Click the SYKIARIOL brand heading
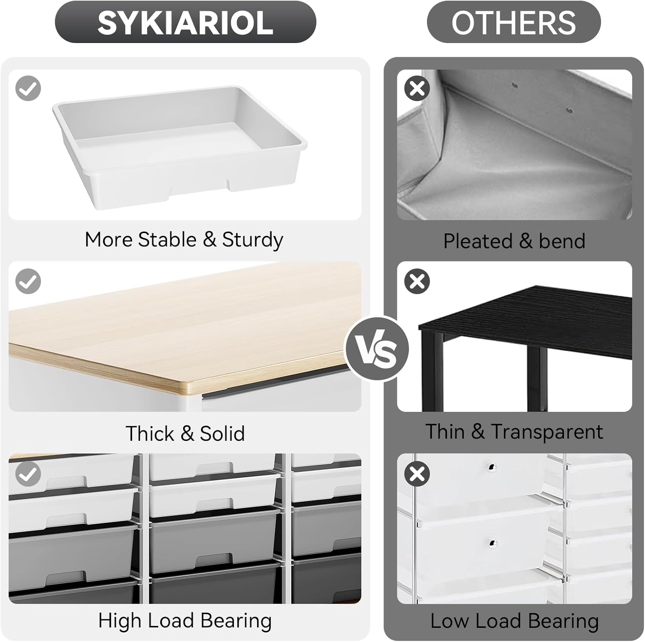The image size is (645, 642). [x=185, y=22]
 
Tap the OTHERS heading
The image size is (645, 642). [x=513, y=22]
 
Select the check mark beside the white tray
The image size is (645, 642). [x=28, y=89]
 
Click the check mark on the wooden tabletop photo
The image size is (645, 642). [x=28, y=281]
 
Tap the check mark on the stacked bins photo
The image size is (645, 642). [x=28, y=474]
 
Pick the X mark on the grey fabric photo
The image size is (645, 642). [x=417, y=89]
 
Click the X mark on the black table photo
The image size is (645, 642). [x=417, y=281]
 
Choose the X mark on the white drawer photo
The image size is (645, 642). [x=417, y=474]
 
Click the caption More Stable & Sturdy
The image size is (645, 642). [x=184, y=240]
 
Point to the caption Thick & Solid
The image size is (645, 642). [x=185, y=433]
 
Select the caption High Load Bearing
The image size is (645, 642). [x=185, y=621]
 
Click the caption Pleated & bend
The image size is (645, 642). [x=514, y=241]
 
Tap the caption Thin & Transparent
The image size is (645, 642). [x=514, y=432]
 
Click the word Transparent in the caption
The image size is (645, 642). [x=547, y=432]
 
